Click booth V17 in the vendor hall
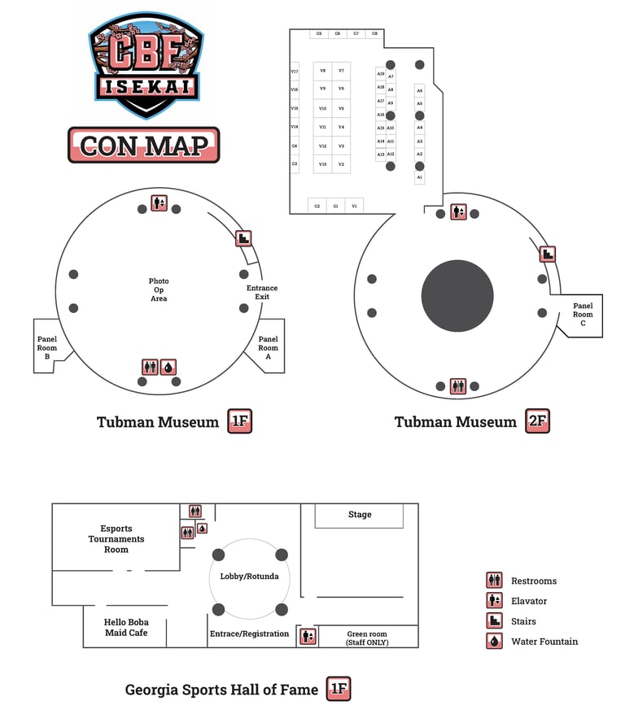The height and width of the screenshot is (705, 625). point(295,72)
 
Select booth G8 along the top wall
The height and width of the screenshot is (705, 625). point(374,33)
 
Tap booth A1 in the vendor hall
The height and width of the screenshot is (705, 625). point(420,176)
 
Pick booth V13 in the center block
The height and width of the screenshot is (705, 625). point(323,164)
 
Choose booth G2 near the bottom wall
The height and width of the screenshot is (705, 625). point(317,206)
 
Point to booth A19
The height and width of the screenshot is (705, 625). point(380,74)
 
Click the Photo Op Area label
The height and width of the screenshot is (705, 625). point(159,289)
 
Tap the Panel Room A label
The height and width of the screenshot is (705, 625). point(268,348)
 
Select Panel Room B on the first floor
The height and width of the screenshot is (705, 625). point(47,348)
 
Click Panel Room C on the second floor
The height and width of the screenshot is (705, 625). point(583,314)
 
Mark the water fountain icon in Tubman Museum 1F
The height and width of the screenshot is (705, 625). point(168,367)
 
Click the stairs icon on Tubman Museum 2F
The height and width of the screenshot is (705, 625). point(549,254)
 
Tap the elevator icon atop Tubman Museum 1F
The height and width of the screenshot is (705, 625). point(159,203)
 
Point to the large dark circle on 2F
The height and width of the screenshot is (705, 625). point(457,295)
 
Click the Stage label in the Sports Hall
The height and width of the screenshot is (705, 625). point(360,515)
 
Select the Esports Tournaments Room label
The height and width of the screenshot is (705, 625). point(116,539)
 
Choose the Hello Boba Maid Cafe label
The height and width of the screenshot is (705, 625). point(126,628)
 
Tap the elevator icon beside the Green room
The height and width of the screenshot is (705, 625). point(308,637)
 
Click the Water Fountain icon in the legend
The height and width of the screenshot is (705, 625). point(494,642)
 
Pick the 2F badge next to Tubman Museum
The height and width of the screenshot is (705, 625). point(537,421)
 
